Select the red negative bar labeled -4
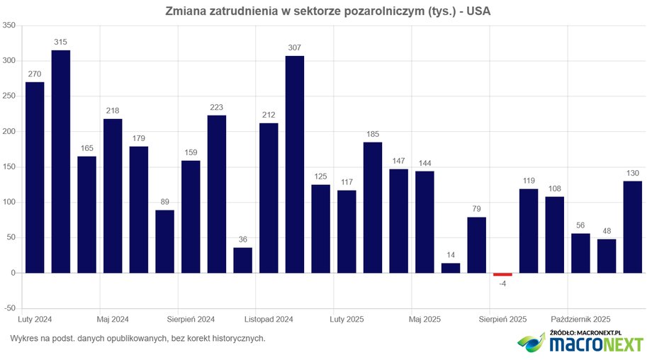pos(502,274)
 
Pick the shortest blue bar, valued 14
pos(451,268)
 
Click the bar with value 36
pos(242,260)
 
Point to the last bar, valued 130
pos(633,227)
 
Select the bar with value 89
pos(164,241)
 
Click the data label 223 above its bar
pos(217,108)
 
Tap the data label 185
pos(373,135)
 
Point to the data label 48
pos(607,231)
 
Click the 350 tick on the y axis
pos(9,26)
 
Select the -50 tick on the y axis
pos(9,308)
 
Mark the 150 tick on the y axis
pos(9,167)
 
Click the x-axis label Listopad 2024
pos(269,320)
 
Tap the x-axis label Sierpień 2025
pos(502,320)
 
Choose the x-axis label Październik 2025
pos(580,320)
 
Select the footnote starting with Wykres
pos(137,339)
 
